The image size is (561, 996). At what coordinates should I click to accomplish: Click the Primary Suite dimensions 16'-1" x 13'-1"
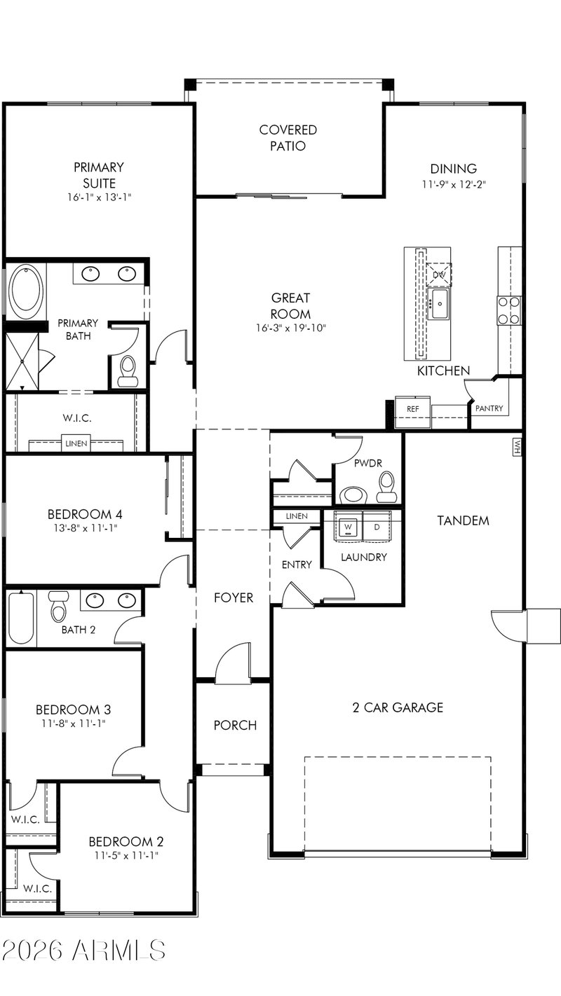[100, 197]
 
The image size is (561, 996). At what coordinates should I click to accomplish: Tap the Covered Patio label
[288, 138]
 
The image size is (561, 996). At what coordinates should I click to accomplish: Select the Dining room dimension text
[454, 184]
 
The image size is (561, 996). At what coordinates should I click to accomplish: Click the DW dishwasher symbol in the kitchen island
[439, 275]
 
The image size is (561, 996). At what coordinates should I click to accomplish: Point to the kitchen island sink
[439, 304]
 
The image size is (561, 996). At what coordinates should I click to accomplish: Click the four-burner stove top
[509, 310]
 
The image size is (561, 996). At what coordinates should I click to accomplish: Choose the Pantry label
[489, 408]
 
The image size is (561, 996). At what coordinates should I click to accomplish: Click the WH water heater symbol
[517, 448]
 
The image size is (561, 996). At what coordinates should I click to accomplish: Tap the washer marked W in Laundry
[349, 527]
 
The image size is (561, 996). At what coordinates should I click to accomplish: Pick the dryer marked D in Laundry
[377, 527]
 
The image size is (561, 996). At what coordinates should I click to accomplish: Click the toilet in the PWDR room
[386, 486]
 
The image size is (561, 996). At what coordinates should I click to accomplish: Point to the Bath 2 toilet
[59, 606]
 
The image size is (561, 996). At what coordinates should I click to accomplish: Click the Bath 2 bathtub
[21, 618]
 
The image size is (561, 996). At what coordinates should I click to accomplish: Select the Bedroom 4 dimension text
[85, 528]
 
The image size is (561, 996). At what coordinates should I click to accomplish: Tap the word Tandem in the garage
[463, 520]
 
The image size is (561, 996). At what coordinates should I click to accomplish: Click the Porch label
[235, 725]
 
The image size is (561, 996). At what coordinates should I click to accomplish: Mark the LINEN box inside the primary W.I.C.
[76, 443]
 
